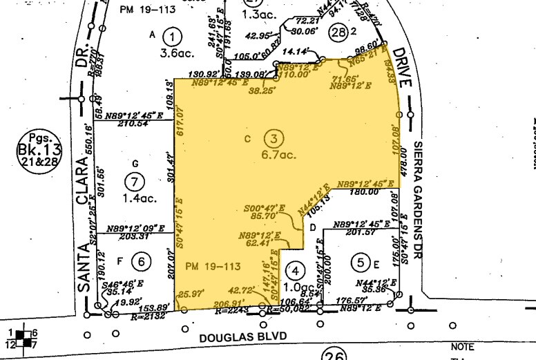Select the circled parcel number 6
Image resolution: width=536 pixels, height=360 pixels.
[141, 261]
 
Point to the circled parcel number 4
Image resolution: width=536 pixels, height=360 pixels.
[296, 269]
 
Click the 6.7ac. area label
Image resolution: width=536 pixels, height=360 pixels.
[279, 155]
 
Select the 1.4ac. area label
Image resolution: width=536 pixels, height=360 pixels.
[137, 199]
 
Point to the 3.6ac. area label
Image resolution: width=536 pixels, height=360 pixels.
[172, 52]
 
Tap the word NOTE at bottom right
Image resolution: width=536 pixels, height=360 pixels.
[462, 346]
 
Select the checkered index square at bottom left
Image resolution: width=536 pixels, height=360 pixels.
[25, 338]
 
